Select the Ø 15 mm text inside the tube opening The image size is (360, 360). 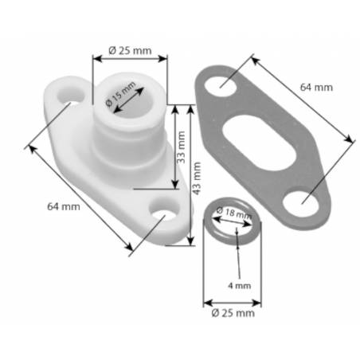(x=122, y=99)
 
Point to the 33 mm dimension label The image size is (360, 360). (x=182, y=147)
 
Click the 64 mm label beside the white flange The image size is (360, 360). (x=64, y=206)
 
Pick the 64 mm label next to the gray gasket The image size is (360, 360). (x=316, y=87)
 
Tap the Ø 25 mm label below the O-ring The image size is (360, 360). (x=233, y=314)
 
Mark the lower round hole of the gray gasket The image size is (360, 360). (x=301, y=202)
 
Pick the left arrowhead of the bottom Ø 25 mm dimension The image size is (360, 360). (x=206, y=303)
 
